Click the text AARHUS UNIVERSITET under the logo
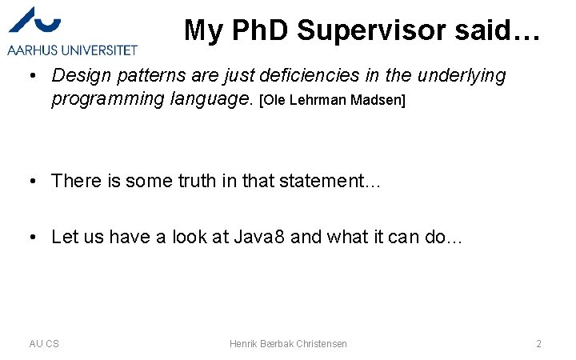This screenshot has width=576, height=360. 72,50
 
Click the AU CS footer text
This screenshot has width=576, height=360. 44,343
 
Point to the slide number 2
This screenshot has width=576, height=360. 538,343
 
